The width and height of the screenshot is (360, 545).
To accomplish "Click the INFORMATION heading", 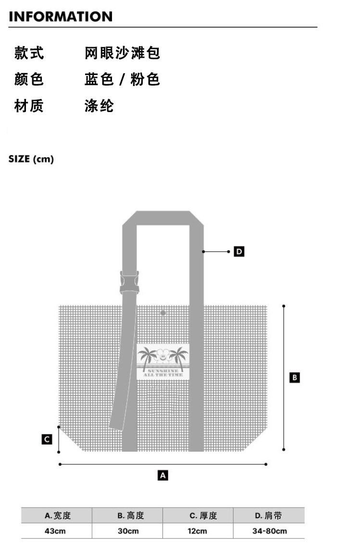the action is [61, 16].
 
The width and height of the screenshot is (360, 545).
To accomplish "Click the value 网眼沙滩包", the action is [122, 53].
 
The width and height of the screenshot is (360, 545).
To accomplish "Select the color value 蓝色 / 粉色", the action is [122, 79].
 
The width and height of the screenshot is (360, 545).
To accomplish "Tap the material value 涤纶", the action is [99, 106].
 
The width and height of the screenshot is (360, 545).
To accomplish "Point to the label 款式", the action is [29, 53].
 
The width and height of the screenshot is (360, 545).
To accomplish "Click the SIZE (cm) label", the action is [31, 159].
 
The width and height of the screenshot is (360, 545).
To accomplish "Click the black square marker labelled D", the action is [239, 251].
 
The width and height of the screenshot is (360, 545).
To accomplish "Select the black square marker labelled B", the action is [295, 377].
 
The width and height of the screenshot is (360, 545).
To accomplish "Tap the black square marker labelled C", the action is [47, 439].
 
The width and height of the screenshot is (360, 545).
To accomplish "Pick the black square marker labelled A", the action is [163, 475].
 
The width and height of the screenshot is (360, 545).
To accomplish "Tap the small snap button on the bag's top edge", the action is [163, 313].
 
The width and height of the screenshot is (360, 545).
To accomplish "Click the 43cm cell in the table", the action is [55, 531].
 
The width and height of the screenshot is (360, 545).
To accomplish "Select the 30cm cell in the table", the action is [128, 531].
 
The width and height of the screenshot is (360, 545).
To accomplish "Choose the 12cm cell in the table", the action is [197, 531].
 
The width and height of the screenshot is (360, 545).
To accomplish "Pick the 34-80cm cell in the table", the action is [269, 531].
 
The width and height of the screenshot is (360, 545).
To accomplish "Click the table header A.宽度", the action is [58, 516].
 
